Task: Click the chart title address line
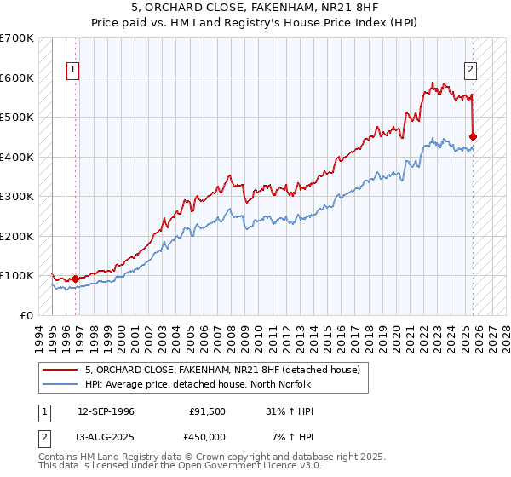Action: click(x=255, y=9)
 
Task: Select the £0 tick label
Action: click(x=26, y=315)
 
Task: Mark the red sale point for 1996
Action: click(x=76, y=279)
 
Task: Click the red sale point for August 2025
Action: click(x=474, y=136)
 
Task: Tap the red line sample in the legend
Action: click(x=60, y=370)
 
